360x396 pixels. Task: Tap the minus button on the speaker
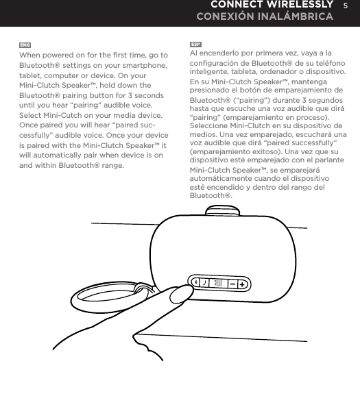pos(233,283)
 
